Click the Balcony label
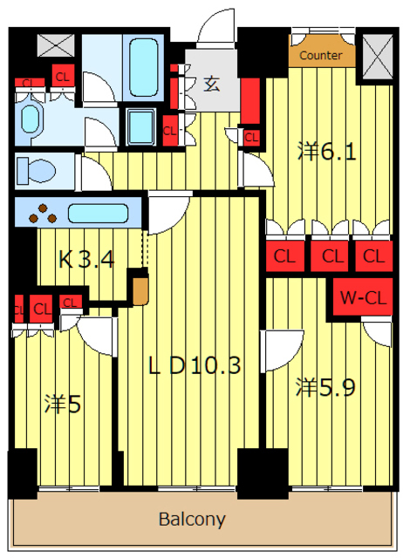coord(192,520)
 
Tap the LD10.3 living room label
coord(195,366)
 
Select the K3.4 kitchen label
coord(86,260)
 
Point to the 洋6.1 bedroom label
coord(326,152)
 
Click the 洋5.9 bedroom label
coord(325,387)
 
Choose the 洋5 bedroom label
coord(63,405)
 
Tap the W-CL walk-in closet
coord(363,297)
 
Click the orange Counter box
coord(322,54)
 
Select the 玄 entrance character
coord(211,84)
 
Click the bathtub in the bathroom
coord(143,67)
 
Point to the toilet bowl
coord(36,171)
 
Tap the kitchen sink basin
coord(98,213)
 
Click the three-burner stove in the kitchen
coord(43,213)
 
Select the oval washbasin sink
coord(31,119)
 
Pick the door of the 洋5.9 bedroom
coord(281,350)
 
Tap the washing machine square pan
coord(141,126)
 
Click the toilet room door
coord(92,173)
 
